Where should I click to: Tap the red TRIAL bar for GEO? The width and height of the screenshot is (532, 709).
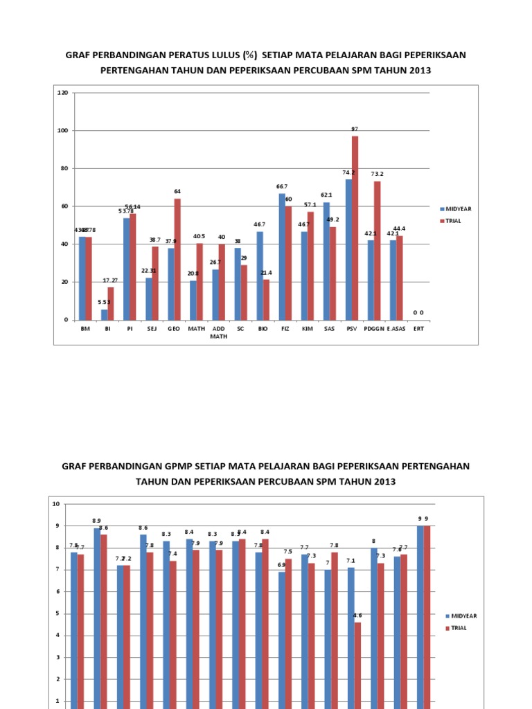point(177,259)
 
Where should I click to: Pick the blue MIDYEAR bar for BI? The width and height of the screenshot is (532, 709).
point(105,314)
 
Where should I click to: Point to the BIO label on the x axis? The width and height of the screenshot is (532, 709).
point(263,330)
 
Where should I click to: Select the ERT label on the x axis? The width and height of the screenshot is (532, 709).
point(418,330)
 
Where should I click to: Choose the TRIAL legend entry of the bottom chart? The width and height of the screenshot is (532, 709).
point(460,628)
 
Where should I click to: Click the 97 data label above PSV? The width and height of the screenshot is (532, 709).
point(355,129)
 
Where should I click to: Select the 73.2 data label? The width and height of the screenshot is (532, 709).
point(377,174)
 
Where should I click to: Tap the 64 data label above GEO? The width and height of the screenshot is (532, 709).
point(177,191)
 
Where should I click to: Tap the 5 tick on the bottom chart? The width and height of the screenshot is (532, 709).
point(57,613)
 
